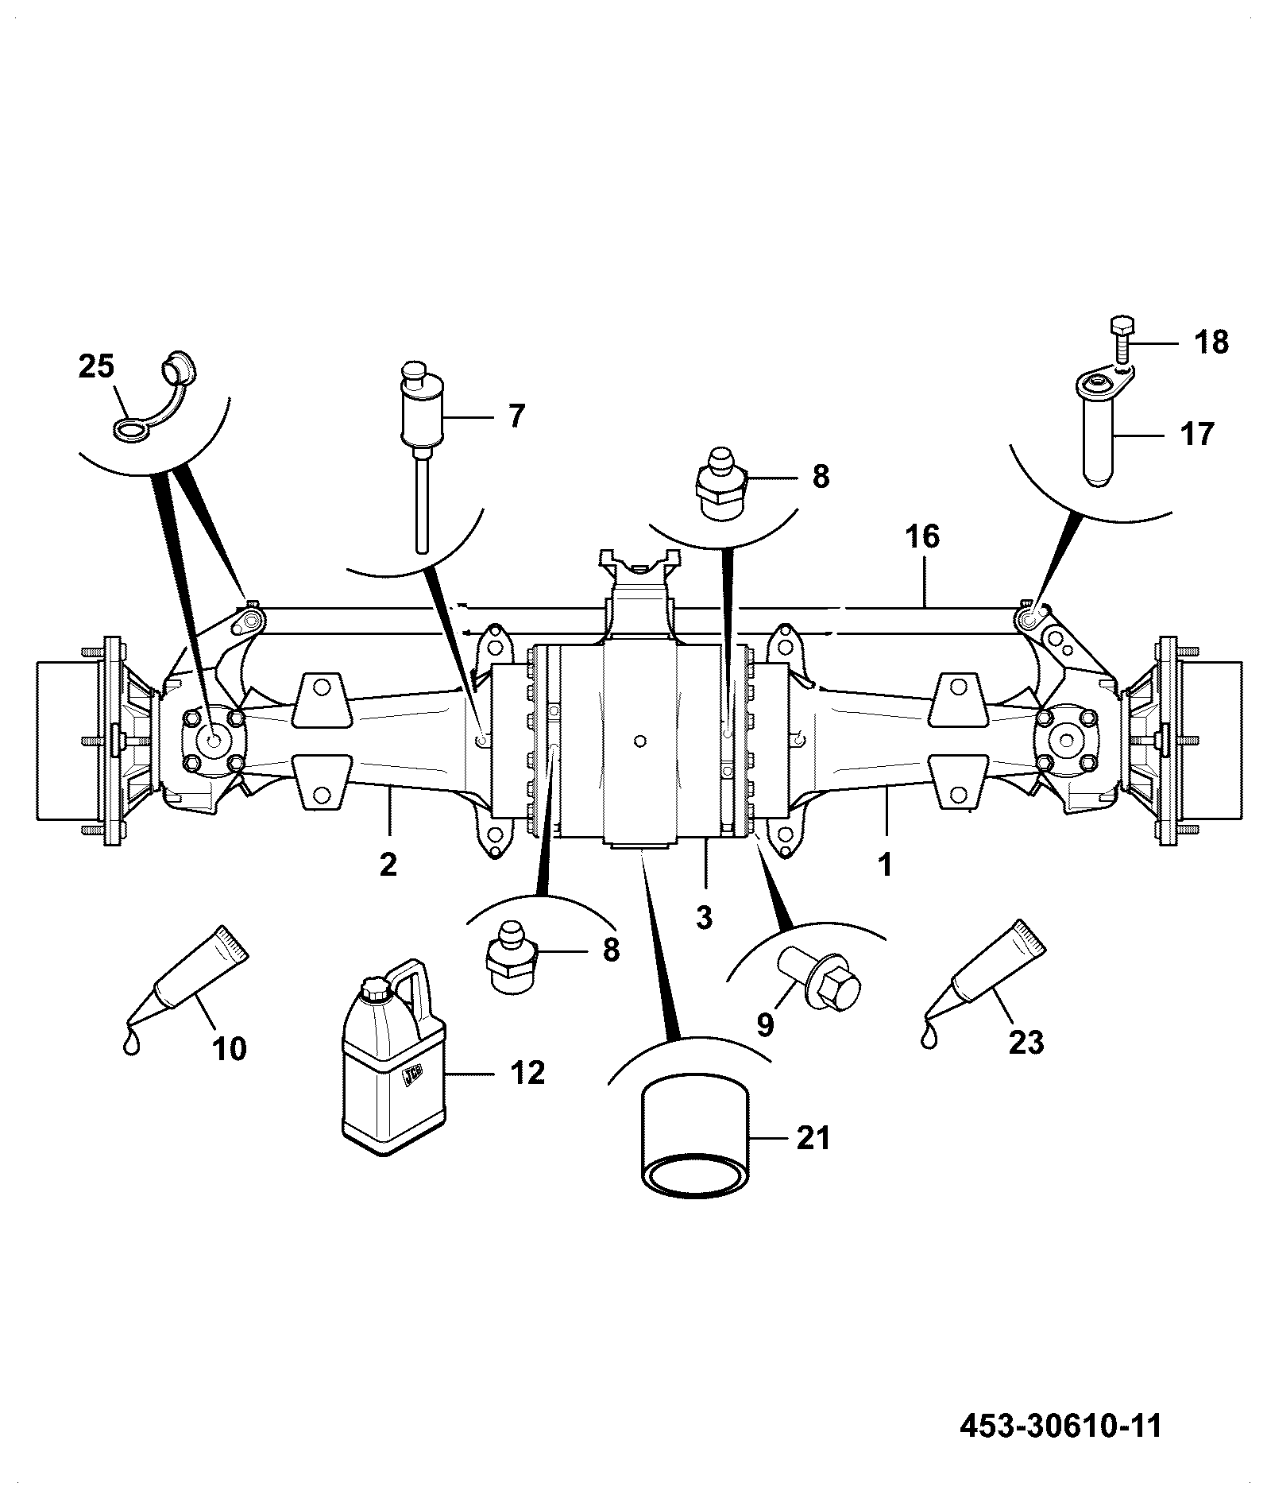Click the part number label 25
tap(96, 367)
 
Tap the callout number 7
tap(516, 416)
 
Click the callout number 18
tap(1211, 343)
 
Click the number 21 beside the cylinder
tap(813, 1138)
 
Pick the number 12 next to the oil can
tap(527, 1073)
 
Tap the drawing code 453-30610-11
tap(1060, 1426)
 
